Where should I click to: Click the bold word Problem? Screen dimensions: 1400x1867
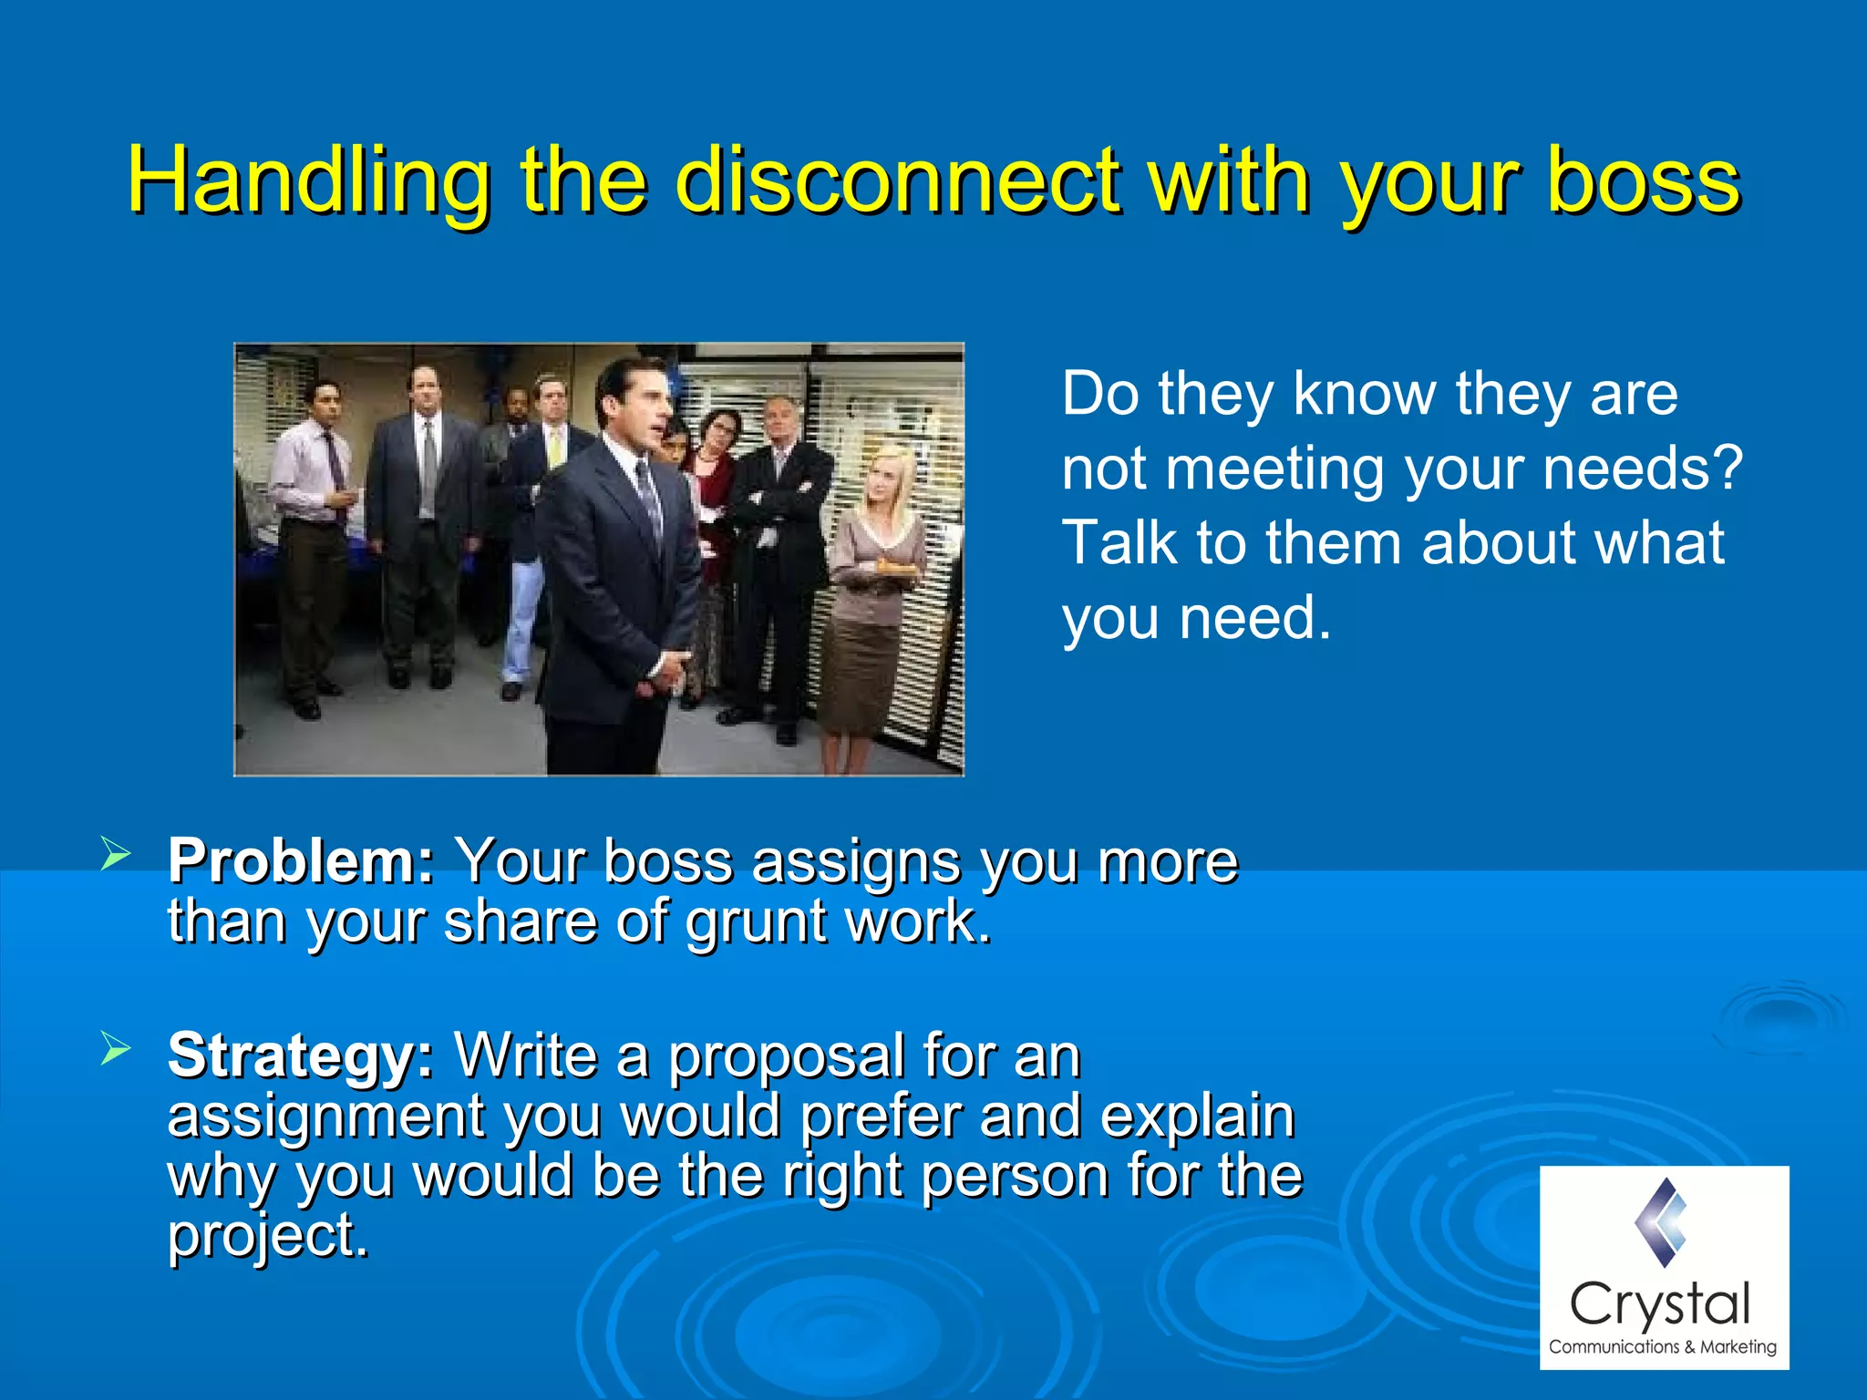pyautogui.click(x=302, y=861)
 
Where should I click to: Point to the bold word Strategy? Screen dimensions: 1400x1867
pyautogui.click(x=302, y=1055)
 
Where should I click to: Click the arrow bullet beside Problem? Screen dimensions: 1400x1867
pyautogui.click(x=116, y=856)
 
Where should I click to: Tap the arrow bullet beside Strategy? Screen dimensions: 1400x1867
pyautogui.click(x=116, y=1049)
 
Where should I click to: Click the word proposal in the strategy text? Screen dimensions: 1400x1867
pyautogui.click(x=786, y=1057)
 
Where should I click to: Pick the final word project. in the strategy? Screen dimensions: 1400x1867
pyautogui.click(x=268, y=1236)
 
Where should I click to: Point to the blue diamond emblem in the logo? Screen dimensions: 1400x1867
pyautogui.click(x=1661, y=1221)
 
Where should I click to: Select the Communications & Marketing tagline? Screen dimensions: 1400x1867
pyautogui.click(x=1662, y=1347)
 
